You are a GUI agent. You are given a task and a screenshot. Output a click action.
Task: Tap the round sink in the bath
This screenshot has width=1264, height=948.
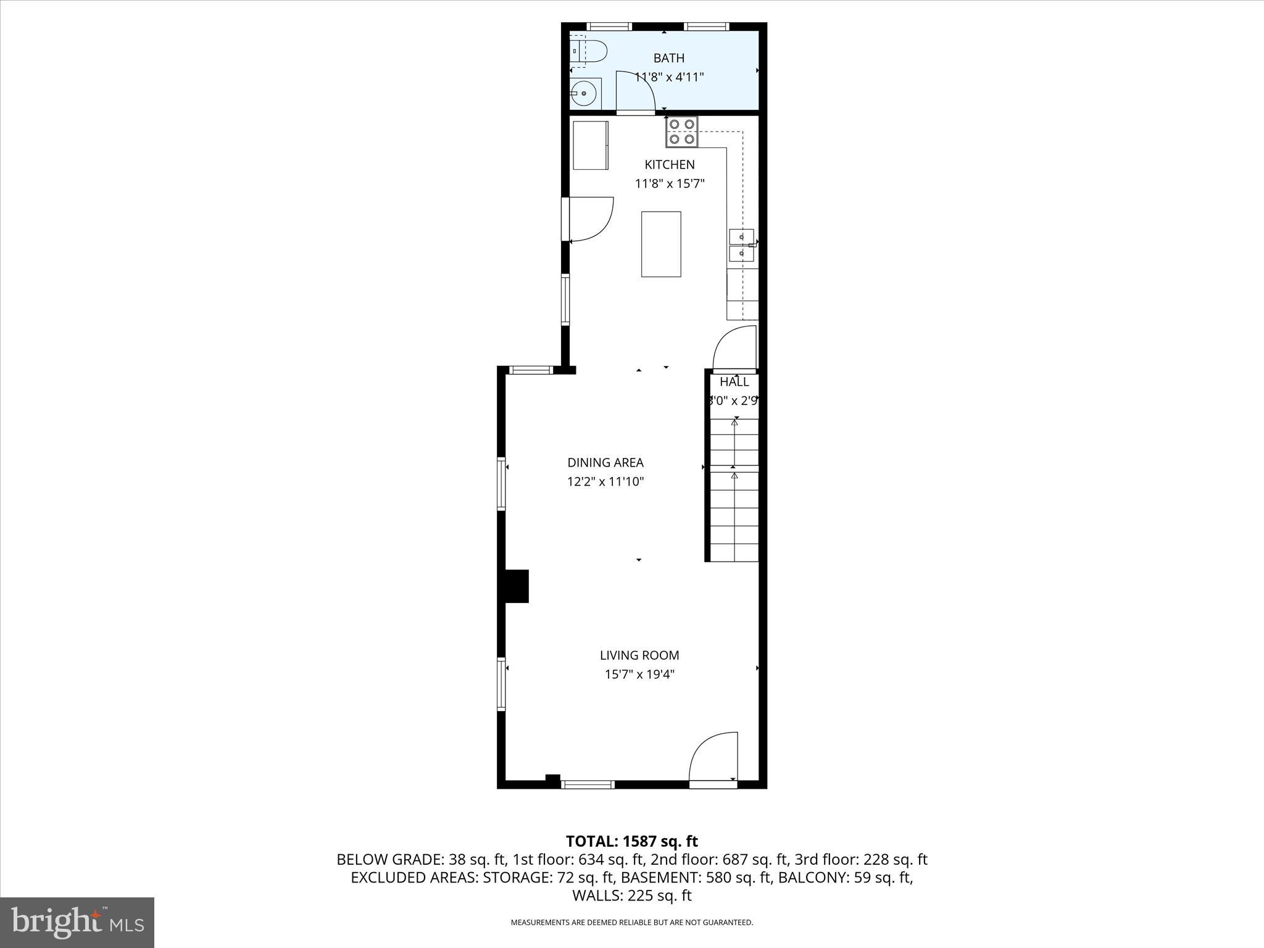[584, 94]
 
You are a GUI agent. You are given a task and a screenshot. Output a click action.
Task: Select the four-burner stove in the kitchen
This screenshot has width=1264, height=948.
[681, 132]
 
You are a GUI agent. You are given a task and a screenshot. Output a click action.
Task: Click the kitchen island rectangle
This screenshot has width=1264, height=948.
[661, 244]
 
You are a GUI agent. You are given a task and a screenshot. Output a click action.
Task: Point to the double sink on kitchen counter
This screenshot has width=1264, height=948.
[742, 245]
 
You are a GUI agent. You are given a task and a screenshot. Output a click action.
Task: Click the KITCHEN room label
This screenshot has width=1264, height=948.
[670, 164]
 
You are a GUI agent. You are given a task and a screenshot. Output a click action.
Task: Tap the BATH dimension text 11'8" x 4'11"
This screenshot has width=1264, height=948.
[670, 77]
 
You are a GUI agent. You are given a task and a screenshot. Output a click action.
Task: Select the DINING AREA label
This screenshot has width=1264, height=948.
[605, 462]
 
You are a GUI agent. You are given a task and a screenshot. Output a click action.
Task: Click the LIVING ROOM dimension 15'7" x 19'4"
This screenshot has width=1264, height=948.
[639, 675]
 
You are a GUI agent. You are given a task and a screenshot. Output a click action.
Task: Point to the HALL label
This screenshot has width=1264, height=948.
[734, 381]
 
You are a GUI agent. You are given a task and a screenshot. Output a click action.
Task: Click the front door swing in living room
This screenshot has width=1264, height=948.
[714, 758]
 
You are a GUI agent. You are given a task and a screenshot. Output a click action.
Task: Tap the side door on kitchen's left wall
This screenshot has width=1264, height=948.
[588, 219]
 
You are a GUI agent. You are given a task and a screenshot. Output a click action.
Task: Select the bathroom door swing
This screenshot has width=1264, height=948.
[636, 93]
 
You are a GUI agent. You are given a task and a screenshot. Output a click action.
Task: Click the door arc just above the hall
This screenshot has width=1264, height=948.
[734, 347]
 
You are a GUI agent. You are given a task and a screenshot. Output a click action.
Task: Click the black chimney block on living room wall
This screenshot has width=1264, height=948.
[517, 586]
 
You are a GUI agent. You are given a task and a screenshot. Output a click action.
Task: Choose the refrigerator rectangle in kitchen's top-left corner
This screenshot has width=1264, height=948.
[591, 145]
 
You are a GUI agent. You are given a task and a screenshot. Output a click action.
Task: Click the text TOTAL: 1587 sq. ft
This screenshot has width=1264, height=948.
[631, 841]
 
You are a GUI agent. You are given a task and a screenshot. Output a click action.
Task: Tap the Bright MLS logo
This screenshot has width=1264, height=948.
[77, 922]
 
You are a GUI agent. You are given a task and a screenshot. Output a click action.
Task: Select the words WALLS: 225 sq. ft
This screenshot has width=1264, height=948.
[631, 896]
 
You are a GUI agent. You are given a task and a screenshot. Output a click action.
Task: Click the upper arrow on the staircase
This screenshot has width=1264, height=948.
[734, 423]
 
